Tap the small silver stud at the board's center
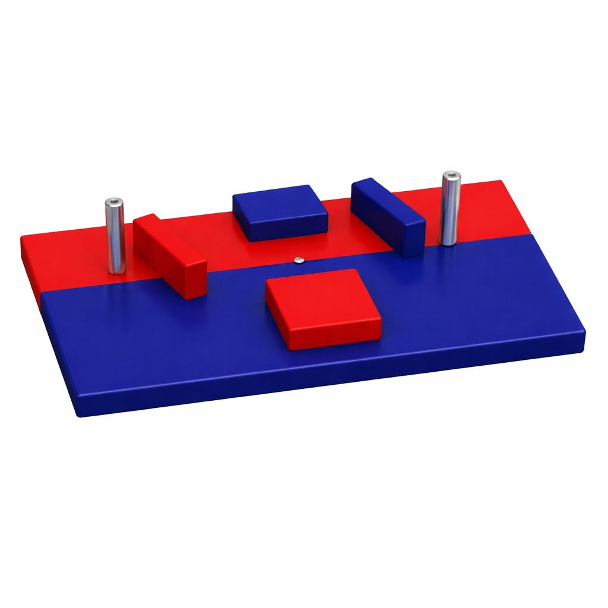coord(299,259)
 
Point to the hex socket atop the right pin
coord(452,176)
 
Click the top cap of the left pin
coord(114,202)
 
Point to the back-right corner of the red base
coord(502,183)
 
